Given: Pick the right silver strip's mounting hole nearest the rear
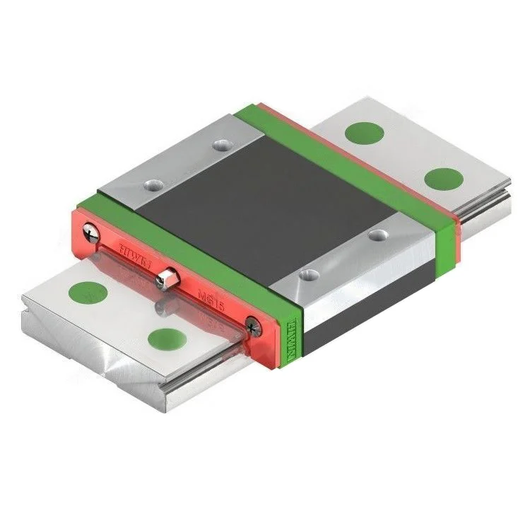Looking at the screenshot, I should coord(380,232).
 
